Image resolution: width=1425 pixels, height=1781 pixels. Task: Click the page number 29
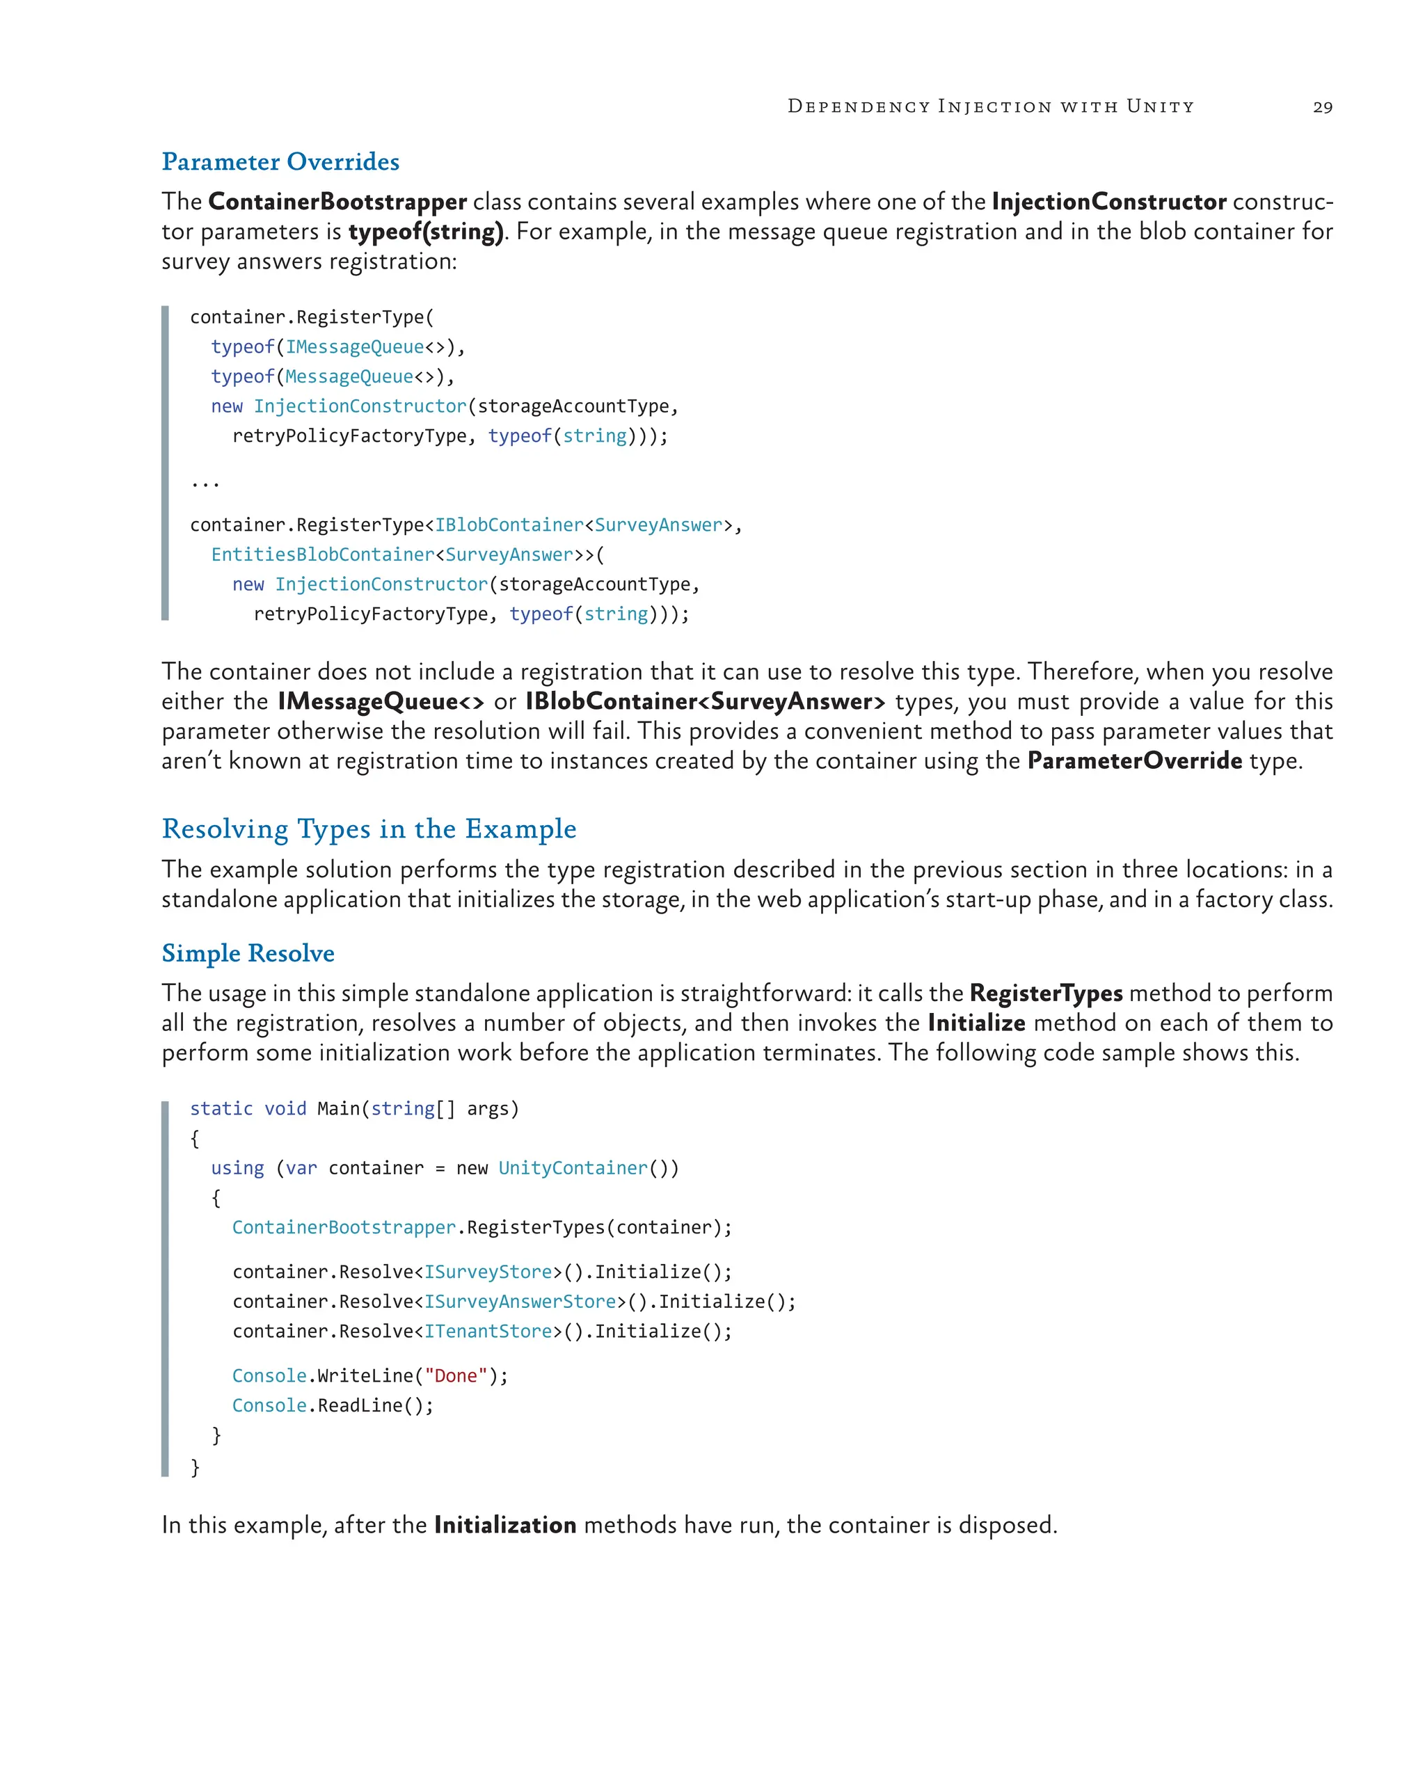point(1322,107)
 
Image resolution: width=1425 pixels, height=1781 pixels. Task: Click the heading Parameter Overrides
point(280,162)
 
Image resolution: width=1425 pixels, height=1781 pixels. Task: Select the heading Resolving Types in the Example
point(369,829)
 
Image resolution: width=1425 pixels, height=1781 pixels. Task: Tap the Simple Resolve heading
point(248,953)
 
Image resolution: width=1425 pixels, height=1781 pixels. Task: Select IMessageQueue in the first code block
point(354,347)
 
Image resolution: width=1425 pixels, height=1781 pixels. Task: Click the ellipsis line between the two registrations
point(205,482)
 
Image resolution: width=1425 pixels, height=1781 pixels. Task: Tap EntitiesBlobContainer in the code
point(322,554)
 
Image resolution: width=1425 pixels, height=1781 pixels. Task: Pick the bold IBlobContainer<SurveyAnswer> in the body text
point(705,701)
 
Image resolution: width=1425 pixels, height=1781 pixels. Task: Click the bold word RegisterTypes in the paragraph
point(1046,993)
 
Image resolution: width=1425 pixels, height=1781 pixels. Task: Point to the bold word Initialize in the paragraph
point(976,1023)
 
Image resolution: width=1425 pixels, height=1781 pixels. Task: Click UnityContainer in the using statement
point(573,1168)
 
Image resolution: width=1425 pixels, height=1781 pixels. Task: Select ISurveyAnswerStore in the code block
point(520,1302)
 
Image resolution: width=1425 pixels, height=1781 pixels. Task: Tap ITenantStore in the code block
point(487,1332)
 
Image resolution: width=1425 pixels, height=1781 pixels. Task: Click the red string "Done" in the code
point(455,1376)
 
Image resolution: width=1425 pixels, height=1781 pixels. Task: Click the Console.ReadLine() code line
point(332,1406)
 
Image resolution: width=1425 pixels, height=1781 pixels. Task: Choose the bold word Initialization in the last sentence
point(504,1525)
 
